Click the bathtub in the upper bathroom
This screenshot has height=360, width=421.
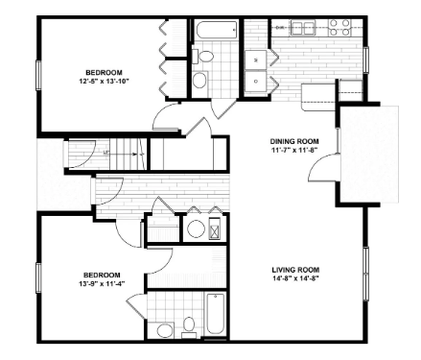pyautogui.click(x=217, y=30)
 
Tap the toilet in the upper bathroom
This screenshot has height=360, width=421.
pyautogui.click(x=203, y=57)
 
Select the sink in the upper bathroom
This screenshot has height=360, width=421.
pyautogui.click(x=200, y=80)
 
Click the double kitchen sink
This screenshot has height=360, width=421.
pyautogui.click(x=302, y=28)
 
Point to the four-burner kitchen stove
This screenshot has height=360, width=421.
pyautogui.click(x=340, y=28)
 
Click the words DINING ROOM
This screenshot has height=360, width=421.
pyautogui.click(x=294, y=141)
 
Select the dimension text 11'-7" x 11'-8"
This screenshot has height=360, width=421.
pyautogui.click(x=294, y=150)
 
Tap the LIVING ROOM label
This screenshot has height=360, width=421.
pyautogui.click(x=295, y=270)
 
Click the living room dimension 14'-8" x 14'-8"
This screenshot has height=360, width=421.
pyautogui.click(x=295, y=277)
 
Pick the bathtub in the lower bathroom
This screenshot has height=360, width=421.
pyautogui.click(x=215, y=314)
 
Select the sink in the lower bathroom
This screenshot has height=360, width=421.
pyautogui.click(x=165, y=330)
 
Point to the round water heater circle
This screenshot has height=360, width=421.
pyautogui.click(x=196, y=229)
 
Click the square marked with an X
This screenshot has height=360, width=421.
pyautogui.click(x=215, y=229)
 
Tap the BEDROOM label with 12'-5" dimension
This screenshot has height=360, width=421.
pyautogui.click(x=104, y=73)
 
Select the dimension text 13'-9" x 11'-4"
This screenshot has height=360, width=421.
pyautogui.click(x=102, y=283)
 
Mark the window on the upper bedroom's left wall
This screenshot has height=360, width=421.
pyautogui.click(x=38, y=76)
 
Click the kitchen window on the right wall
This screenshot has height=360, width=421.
pyautogui.click(x=365, y=60)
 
